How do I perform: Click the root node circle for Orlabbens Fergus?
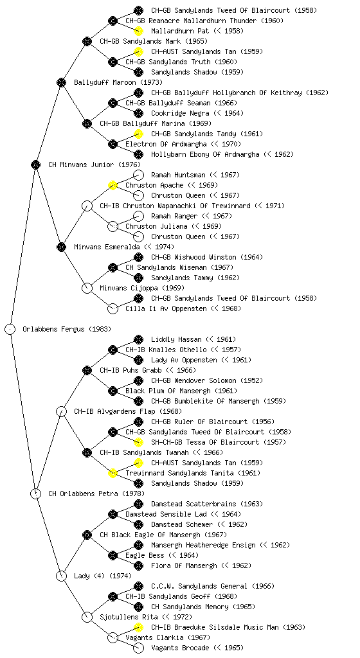coord(10,329)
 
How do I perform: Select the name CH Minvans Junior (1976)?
coord(94,164)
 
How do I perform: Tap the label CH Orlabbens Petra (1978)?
coord(96,493)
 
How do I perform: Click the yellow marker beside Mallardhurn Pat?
coord(138,31)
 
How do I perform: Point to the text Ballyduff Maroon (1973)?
coord(118,82)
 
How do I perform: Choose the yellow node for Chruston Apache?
coord(113,185)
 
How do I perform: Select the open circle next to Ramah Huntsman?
coord(138,175)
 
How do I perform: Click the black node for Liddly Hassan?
coord(138,339)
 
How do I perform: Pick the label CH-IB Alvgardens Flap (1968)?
coord(128,411)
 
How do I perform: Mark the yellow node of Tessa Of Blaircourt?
coord(138,442)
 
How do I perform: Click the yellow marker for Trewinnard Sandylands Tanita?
coord(113,473)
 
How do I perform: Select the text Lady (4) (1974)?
coord(103,576)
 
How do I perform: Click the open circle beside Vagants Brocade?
coord(138,648)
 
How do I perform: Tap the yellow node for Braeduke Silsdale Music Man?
coord(138,627)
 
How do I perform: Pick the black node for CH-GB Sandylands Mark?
coord(87,41)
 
